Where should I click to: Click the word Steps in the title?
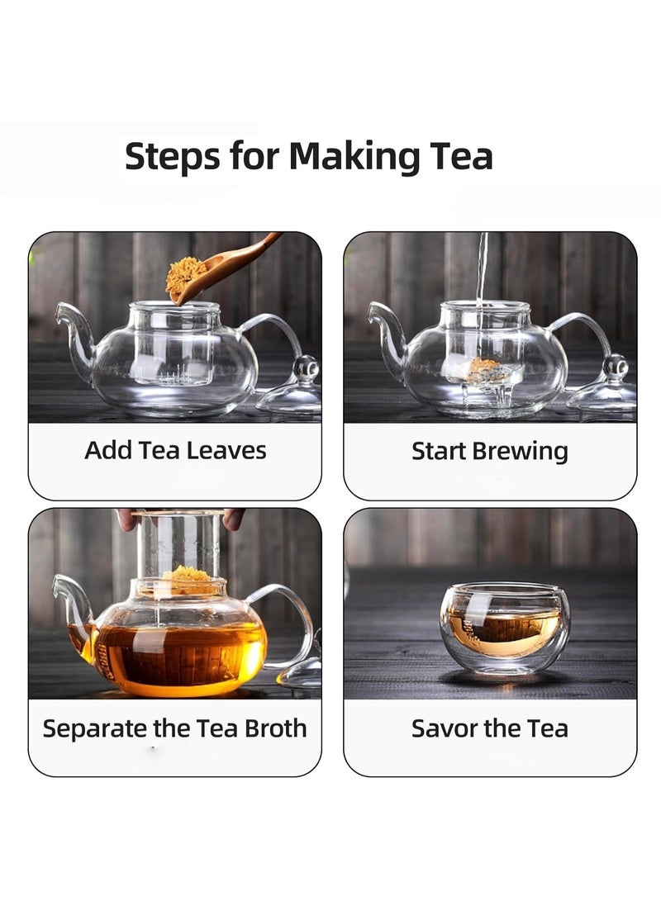point(173,156)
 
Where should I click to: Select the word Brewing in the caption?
point(521,452)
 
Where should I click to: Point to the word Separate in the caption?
point(95,729)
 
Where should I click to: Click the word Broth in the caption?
point(276,728)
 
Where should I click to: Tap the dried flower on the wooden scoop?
point(186,275)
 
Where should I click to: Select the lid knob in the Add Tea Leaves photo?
point(307,368)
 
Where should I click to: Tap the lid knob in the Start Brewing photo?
point(616,366)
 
